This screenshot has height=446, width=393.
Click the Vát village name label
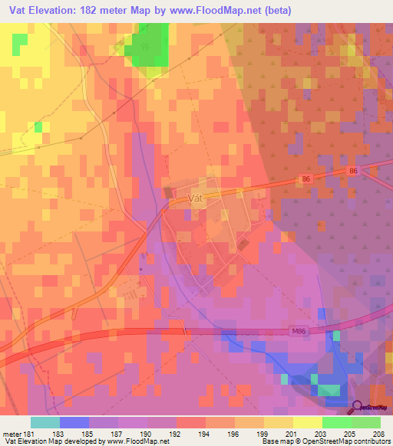click(x=196, y=198)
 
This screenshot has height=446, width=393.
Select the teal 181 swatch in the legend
click(x=45, y=422)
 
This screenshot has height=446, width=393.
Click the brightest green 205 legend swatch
click(x=337, y=422)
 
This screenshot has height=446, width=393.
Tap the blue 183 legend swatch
click(x=74, y=422)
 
